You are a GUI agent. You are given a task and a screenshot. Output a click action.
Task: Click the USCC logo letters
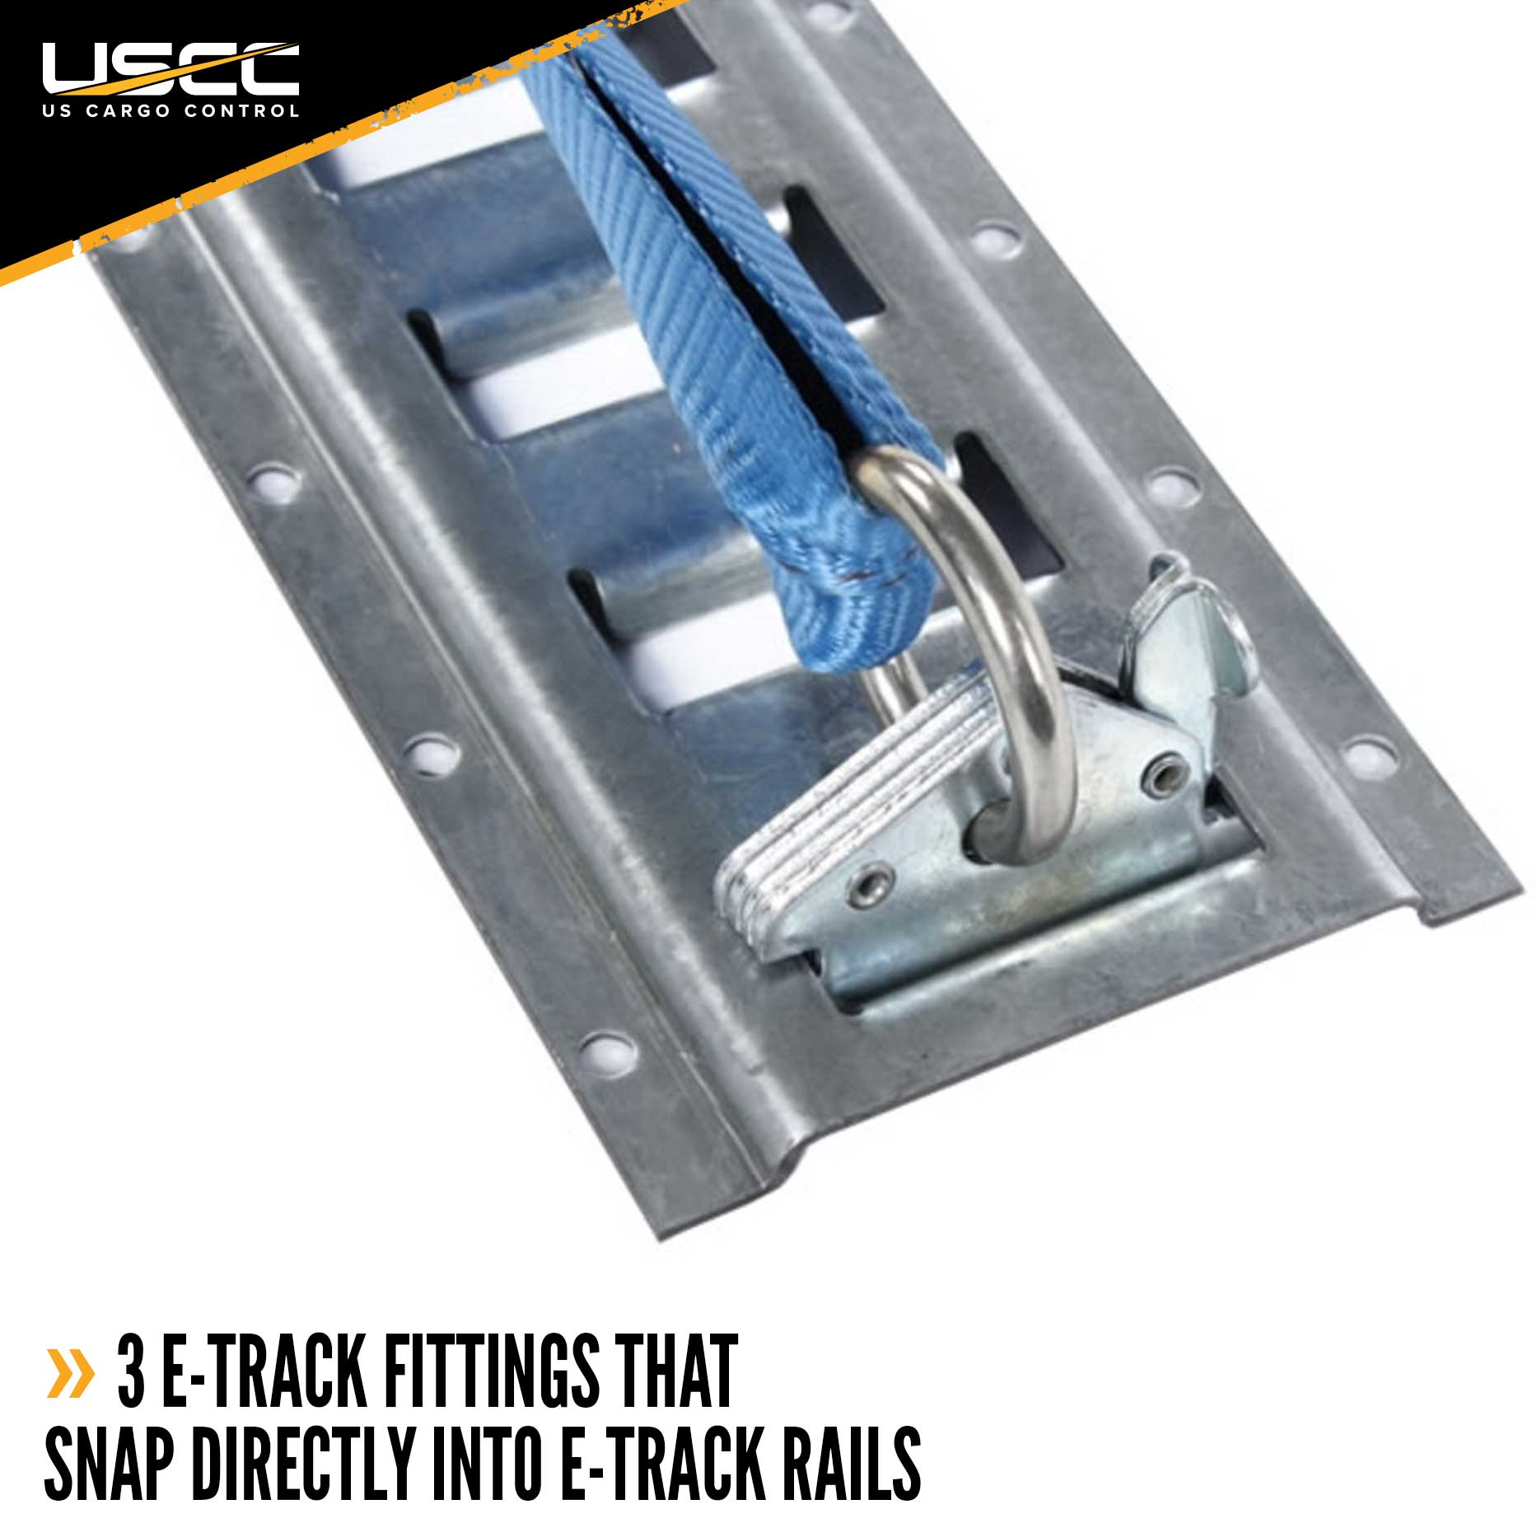171,69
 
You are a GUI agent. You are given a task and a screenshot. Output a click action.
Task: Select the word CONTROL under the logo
243,110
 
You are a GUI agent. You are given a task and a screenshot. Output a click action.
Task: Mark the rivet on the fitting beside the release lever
1163,772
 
